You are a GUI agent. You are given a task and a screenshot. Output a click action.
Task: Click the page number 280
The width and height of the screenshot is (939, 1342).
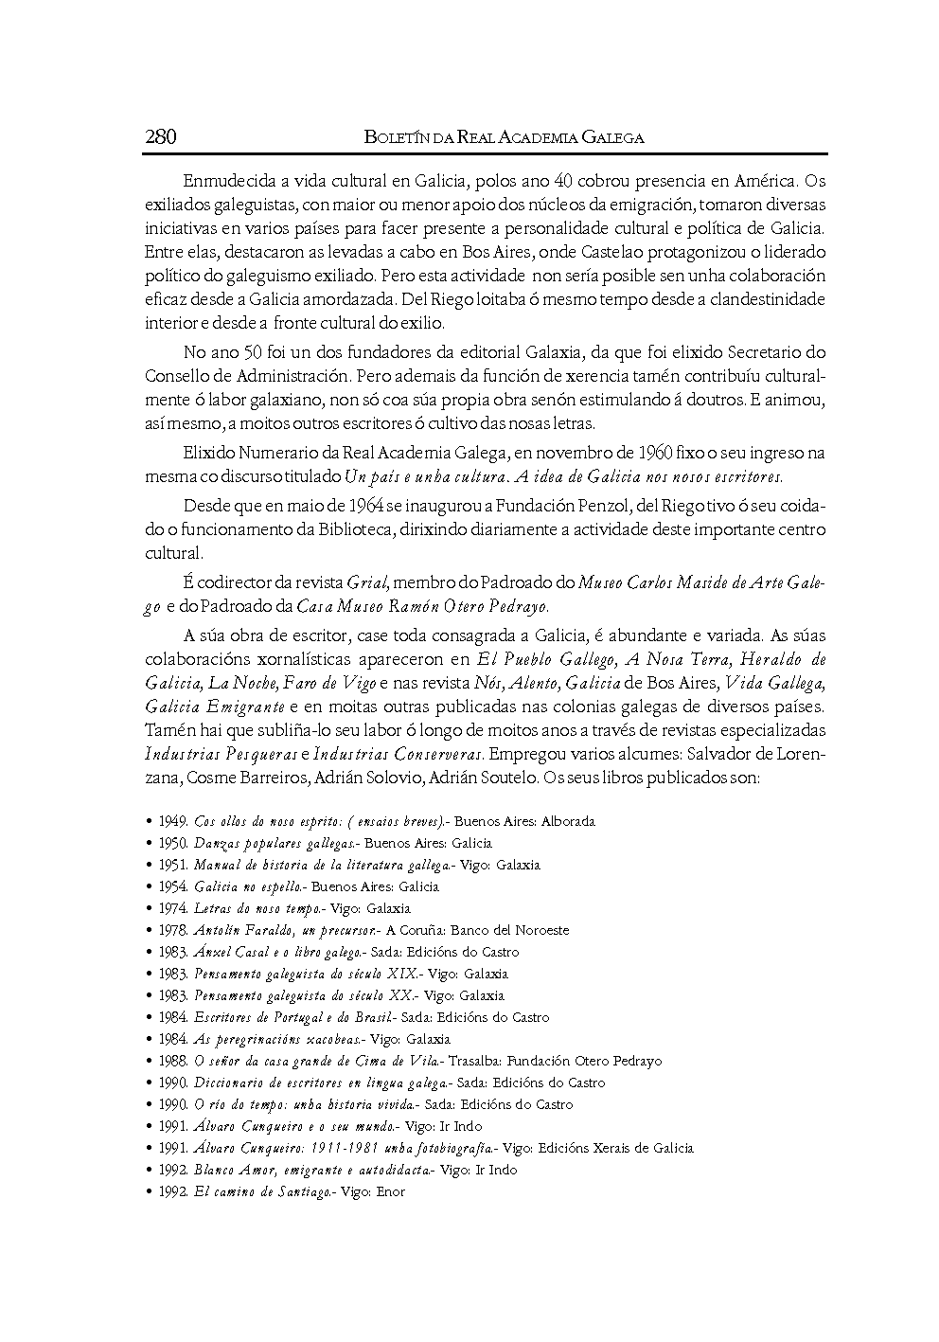161,136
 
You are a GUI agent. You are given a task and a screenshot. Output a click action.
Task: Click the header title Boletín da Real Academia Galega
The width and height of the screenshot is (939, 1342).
504,137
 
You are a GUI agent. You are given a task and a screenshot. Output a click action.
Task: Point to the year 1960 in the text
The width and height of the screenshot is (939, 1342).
629,453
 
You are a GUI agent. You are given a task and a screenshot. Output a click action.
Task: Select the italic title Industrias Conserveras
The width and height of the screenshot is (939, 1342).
399,755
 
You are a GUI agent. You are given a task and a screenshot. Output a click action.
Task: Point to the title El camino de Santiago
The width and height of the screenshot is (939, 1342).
261,1192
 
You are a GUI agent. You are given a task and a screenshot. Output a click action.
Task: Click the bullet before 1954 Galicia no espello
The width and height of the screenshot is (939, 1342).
150,887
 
